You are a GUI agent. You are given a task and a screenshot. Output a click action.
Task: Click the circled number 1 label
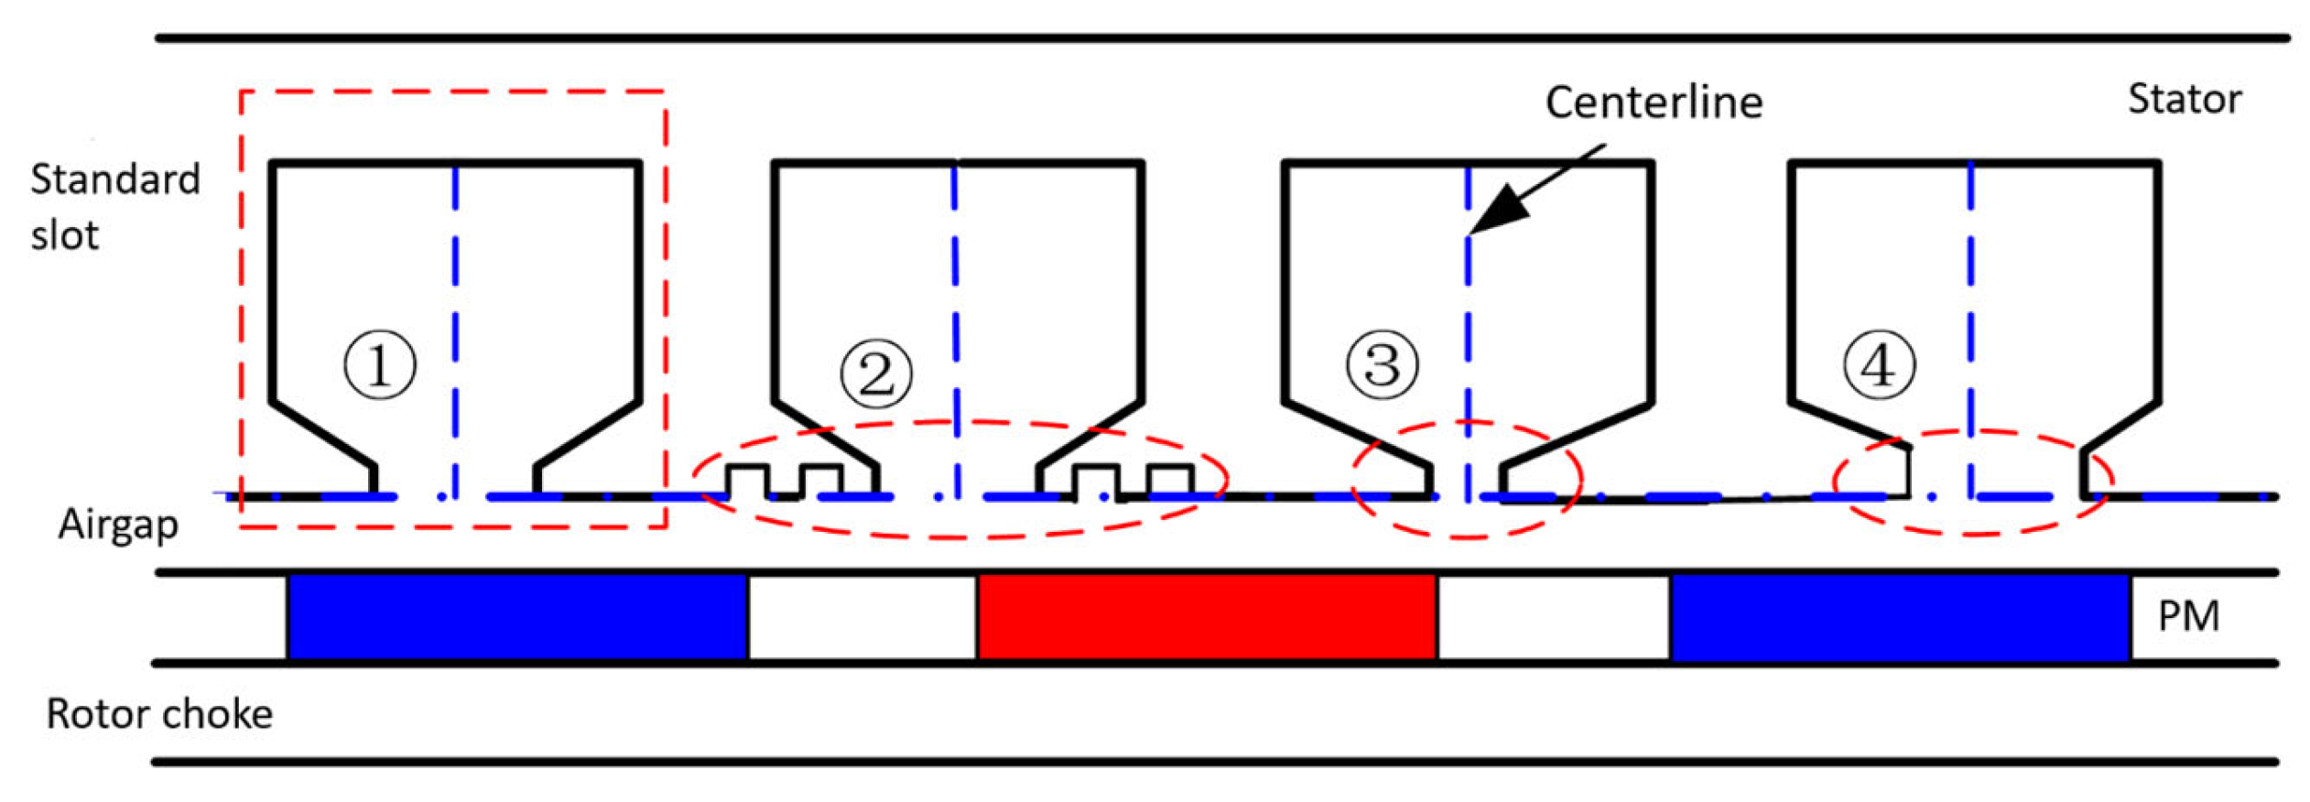380,365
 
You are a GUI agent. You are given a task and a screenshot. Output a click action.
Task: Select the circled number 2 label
876,374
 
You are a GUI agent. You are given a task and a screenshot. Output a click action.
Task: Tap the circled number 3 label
1382,365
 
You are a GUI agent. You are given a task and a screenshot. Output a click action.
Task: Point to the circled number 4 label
1879,365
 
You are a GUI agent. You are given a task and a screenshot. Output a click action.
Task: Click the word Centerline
1654,103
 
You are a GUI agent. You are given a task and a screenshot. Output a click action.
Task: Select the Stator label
2184,99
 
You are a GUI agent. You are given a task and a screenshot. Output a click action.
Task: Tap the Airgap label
118,526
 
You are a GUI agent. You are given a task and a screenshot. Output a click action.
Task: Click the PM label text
2188,617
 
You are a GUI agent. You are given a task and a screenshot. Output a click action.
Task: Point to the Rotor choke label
159,714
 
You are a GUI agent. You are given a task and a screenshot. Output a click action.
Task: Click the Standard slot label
114,207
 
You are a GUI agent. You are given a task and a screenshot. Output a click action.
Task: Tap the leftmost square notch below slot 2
746,482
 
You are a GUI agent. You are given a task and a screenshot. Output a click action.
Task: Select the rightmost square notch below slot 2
1169,482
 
